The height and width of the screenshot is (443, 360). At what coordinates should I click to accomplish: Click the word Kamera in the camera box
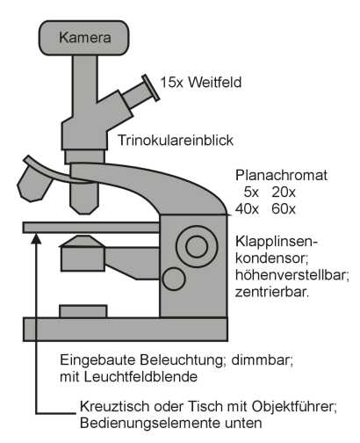[x=85, y=38]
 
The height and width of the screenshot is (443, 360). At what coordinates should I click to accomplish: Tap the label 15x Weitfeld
[x=201, y=83]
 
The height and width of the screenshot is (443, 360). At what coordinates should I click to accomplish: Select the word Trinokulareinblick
[x=176, y=141]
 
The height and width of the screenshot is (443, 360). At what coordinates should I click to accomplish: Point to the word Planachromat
[x=281, y=175]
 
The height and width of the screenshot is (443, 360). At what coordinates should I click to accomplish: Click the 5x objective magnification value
[x=251, y=192]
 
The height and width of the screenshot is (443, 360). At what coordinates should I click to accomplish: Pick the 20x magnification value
[x=284, y=192]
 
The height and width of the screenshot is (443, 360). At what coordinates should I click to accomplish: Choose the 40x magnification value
[x=248, y=209]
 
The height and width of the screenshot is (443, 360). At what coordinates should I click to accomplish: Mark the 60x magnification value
[x=284, y=209]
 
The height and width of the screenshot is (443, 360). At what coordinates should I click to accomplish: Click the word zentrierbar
[x=272, y=292]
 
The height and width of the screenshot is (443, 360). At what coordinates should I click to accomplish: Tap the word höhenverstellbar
[x=292, y=275]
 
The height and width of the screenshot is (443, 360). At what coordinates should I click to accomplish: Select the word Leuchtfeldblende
[x=141, y=377]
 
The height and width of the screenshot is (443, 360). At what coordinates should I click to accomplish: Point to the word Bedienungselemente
[x=150, y=423]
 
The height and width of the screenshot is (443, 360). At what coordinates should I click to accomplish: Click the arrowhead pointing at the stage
[x=36, y=238]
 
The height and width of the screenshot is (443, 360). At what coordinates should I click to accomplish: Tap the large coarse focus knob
[x=197, y=246]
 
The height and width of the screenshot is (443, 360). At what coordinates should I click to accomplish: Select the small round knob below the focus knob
[x=174, y=279]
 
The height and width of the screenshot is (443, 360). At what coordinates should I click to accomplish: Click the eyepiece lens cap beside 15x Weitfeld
[x=150, y=88]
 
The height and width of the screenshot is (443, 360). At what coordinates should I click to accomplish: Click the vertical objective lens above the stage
[x=83, y=199]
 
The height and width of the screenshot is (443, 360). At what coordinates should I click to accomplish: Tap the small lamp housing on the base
[x=83, y=311]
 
